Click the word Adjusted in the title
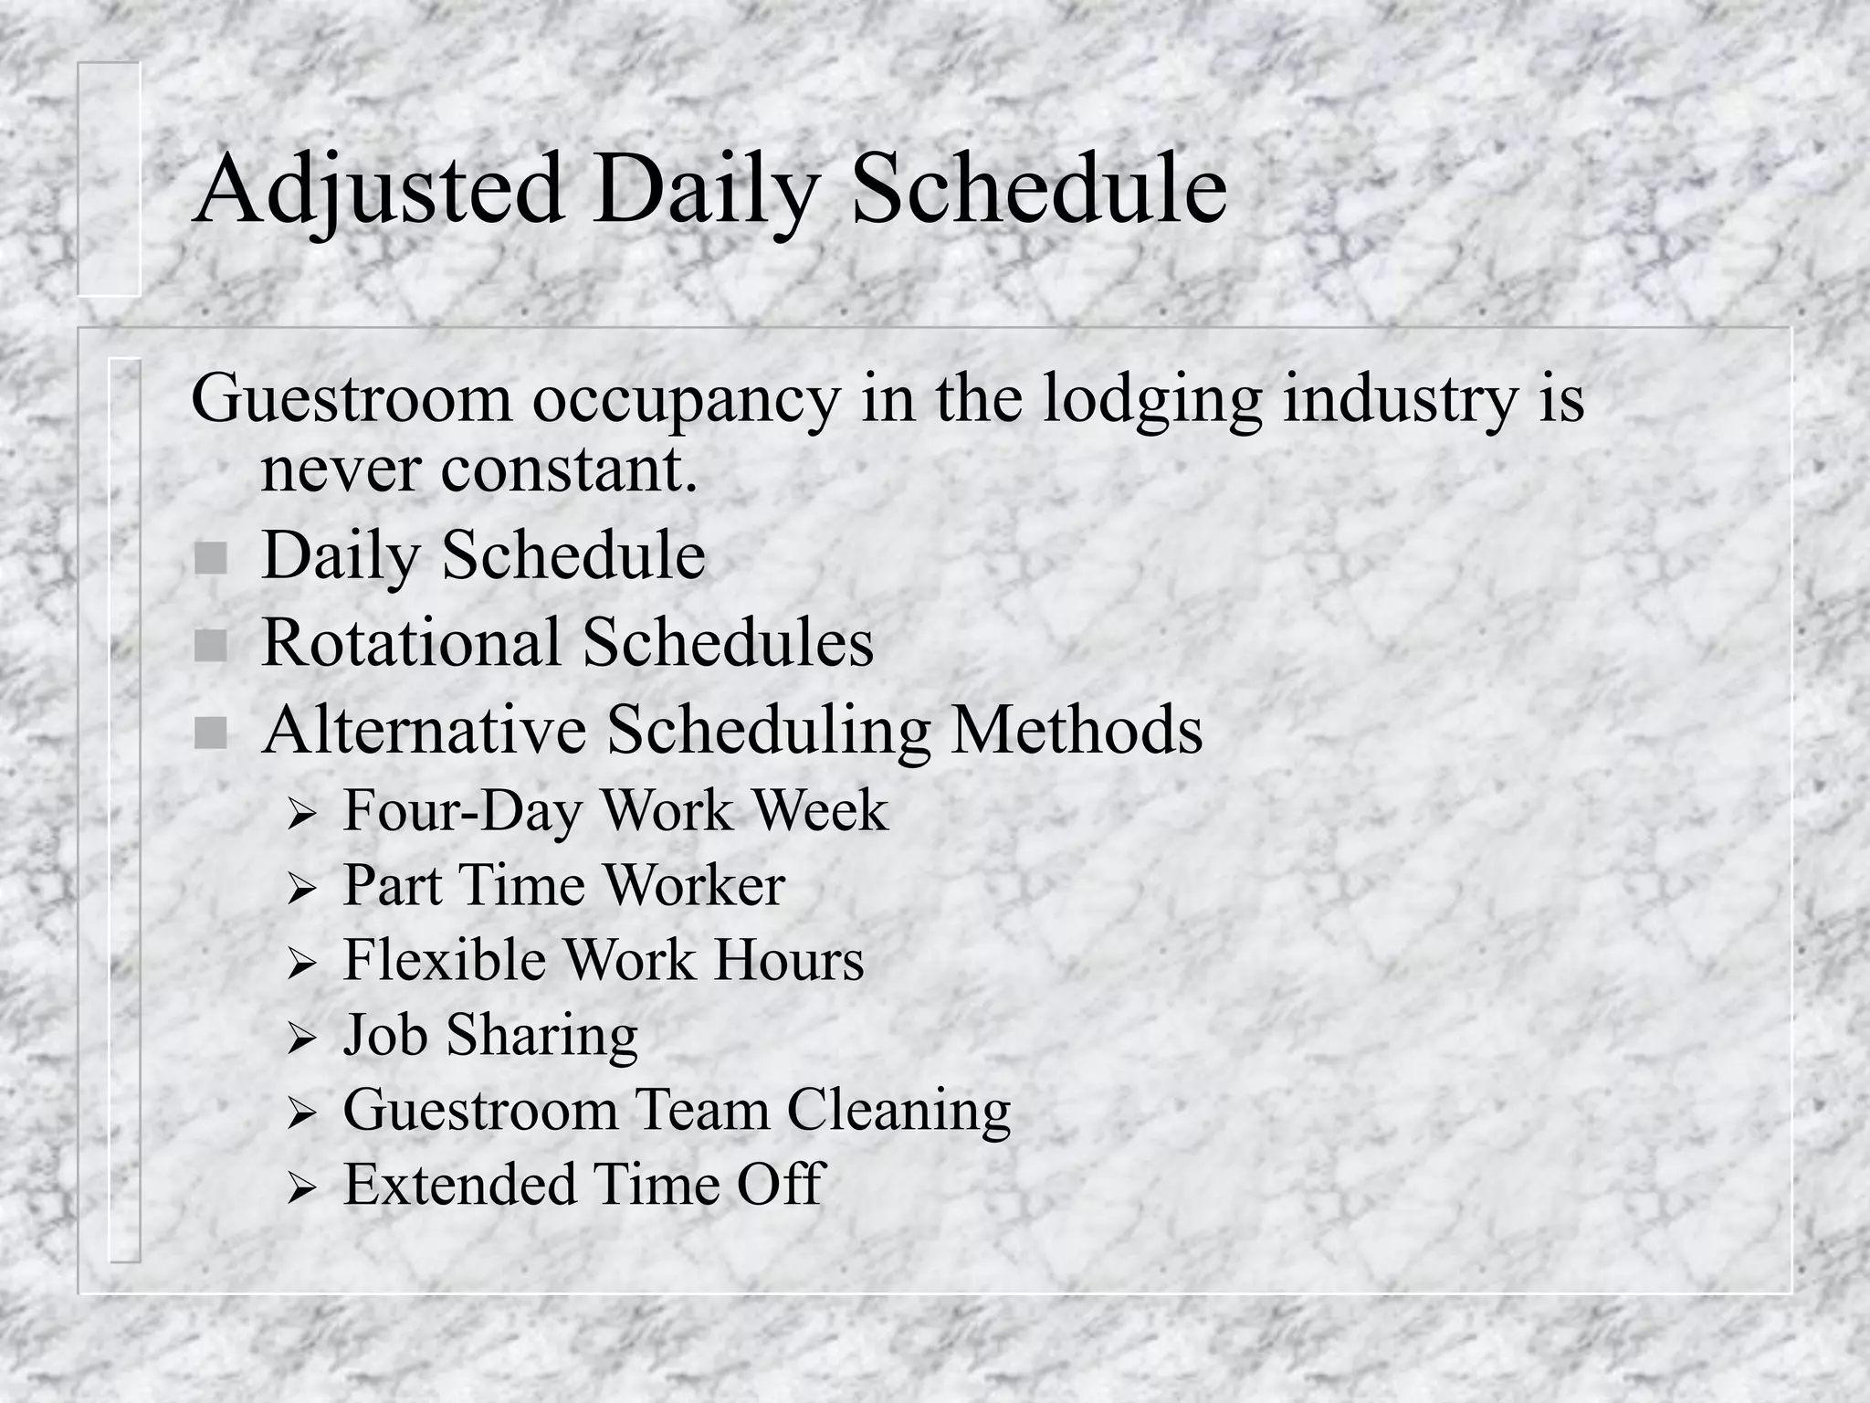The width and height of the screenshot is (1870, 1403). click(x=378, y=190)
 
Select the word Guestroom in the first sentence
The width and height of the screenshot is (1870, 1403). click(x=351, y=399)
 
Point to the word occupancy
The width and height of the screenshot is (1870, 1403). click(x=685, y=399)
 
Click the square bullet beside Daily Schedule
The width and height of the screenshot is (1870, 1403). click(x=211, y=558)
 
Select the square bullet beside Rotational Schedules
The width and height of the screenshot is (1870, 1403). click(x=211, y=646)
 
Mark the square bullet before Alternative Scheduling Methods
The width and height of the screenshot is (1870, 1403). click(x=211, y=733)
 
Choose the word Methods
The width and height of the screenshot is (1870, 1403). click(x=1077, y=731)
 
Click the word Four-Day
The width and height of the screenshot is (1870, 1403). click(x=462, y=810)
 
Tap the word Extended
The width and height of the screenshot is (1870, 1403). click(x=459, y=1185)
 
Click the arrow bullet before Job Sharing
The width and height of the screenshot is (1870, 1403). click(x=300, y=1039)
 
